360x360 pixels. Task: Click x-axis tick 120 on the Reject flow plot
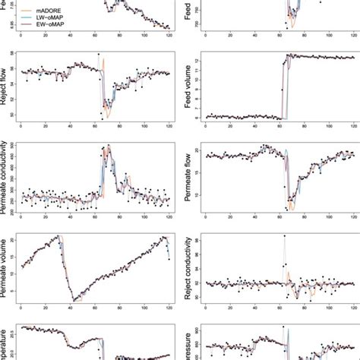(x=169, y=125)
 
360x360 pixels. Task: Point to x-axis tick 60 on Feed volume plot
(x=279, y=125)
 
